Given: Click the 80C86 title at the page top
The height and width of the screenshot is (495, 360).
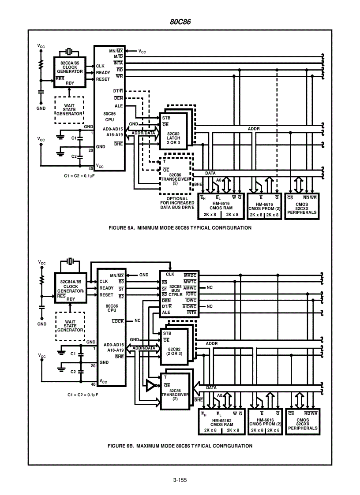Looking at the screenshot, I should (x=180, y=22).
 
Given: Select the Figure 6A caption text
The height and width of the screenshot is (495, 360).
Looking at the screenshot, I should (x=180, y=228).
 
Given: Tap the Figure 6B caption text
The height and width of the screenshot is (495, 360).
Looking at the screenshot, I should (x=180, y=446).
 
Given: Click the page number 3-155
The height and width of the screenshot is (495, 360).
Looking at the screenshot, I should (x=180, y=480).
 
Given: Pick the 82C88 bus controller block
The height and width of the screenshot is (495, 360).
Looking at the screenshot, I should (x=178, y=293).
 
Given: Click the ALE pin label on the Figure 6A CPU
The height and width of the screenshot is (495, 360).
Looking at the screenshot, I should (x=118, y=106).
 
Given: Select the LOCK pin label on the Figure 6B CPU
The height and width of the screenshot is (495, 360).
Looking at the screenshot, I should (x=118, y=321).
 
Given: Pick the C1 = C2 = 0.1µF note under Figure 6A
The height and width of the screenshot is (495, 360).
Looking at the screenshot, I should (x=81, y=176).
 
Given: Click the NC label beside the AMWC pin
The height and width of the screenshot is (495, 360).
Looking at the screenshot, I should (x=210, y=287).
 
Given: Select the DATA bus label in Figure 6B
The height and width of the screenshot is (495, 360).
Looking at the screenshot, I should (x=211, y=388).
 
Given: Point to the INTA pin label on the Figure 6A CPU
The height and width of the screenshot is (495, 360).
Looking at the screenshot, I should (x=118, y=63).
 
